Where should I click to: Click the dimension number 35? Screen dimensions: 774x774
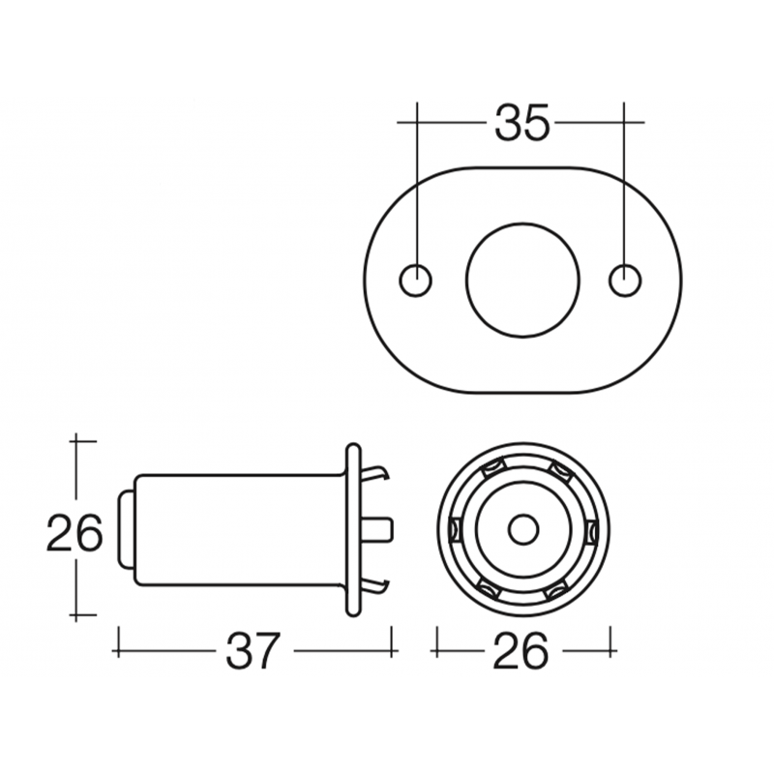click(x=521, y=123)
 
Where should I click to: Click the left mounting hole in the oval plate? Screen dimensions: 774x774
click(x=416, y=279)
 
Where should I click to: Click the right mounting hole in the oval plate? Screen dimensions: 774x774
click(x=625, y=279)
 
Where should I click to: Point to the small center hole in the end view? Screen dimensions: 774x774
click(x=523, y=530)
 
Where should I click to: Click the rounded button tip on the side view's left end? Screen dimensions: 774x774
click(x=125, y=530)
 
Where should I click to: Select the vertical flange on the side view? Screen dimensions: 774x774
click(x=352, y=529)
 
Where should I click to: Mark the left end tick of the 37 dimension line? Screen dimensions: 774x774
click(x=117, y=640)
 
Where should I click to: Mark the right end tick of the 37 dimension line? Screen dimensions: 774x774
click(x=393, y=640)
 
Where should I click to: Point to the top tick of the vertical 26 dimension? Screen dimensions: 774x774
click(x=84, y=441)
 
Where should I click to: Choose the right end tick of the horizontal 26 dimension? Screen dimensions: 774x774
click(x=610, y=640)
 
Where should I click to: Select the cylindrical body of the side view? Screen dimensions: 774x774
click(x=237, y=530)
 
